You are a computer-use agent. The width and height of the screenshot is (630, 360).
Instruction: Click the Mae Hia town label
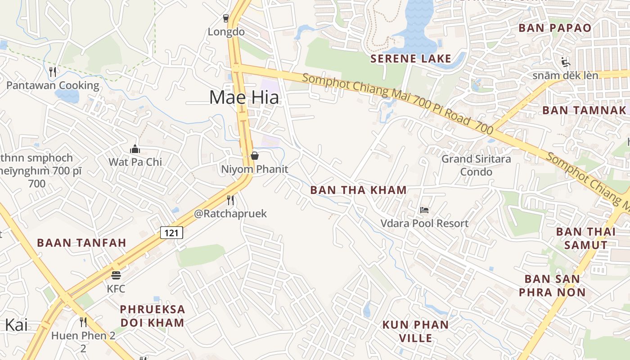point(244,98)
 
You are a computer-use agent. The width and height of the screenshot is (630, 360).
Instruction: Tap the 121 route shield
point(171,233)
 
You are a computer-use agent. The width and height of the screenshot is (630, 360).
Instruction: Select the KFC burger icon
point(116,275)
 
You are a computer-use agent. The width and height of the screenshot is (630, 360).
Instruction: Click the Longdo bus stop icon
point(226,18)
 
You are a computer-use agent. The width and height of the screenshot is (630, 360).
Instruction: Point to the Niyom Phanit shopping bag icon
point(255,156)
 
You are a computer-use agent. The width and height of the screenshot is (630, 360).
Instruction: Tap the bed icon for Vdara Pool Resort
point(424,210)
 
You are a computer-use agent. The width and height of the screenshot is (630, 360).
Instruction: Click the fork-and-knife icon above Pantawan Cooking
point(53,72)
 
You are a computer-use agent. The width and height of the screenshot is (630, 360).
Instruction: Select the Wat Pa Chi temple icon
point(135,149)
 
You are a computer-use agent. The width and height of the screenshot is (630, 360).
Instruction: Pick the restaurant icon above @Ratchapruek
point(230,200)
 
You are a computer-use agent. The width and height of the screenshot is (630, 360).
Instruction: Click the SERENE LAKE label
point(410,58)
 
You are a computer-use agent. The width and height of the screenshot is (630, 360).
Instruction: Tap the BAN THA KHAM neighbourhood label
point(359,190)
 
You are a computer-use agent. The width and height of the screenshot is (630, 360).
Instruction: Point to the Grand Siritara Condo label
point(476,165)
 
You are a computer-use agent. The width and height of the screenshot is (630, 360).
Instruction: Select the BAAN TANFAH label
point(81,243)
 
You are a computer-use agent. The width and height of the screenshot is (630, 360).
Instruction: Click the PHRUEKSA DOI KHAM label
point(153,316)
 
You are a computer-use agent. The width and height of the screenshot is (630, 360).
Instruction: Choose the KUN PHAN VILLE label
point(415,331)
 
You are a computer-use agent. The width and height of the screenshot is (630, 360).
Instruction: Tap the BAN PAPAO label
point(555,28)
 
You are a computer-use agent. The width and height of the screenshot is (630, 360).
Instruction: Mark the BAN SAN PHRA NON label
point(552,286)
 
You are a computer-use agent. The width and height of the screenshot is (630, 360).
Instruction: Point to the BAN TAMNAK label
point(584,110)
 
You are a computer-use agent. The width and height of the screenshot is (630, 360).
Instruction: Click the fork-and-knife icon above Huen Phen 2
point(83,322)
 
